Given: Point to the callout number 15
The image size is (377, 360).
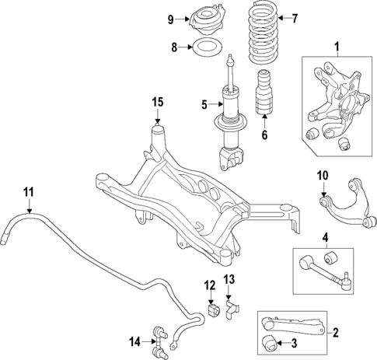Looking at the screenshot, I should [158, 101].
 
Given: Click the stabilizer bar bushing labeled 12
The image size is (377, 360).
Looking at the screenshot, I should [210, 312].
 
